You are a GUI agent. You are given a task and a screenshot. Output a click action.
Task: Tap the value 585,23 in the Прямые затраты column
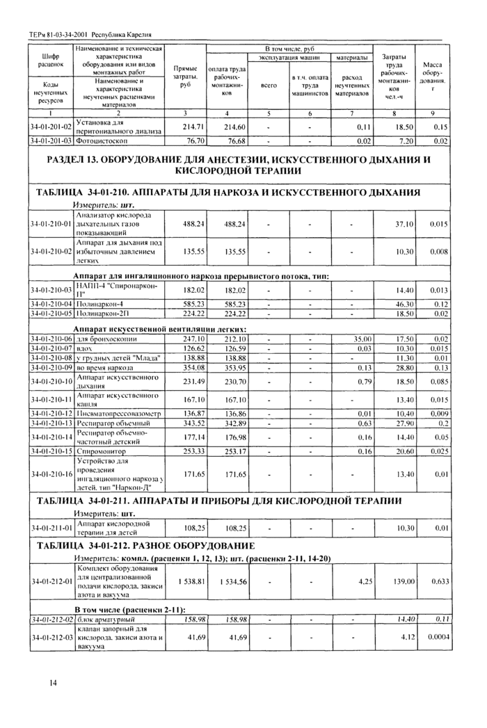(190, 303)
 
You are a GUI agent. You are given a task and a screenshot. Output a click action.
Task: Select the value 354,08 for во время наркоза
(189, 367)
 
